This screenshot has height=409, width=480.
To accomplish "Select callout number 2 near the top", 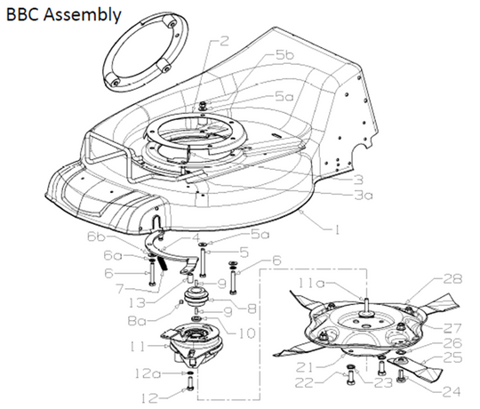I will coord(224,41).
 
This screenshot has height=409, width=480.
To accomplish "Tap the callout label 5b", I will coord(284,55).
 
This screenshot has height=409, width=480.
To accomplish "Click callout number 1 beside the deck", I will coord(337,229).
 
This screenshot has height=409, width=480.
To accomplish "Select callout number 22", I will coord(328,383).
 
